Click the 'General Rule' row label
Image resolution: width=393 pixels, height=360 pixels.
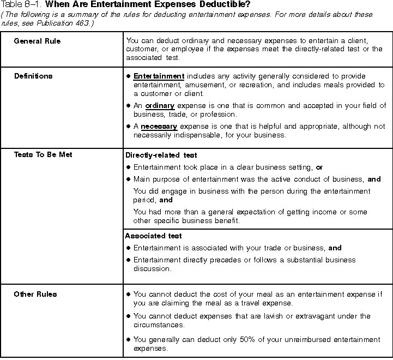(x=37, y=41)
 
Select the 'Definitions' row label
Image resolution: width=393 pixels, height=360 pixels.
(x=33, y=76)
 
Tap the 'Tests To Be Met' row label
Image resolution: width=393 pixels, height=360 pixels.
(x=43, y=154)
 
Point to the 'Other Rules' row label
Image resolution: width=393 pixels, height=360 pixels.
(x=35, y=294)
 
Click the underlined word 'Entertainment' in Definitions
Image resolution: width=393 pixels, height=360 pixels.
(x=159, y=76)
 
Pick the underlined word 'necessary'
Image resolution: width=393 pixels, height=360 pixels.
(x=159, y=127)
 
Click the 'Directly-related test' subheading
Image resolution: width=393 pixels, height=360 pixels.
(x=161, y=155)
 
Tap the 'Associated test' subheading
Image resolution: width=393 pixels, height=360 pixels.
(x=153, y=236)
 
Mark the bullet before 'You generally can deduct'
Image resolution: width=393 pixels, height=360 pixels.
(x=128, y=339)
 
